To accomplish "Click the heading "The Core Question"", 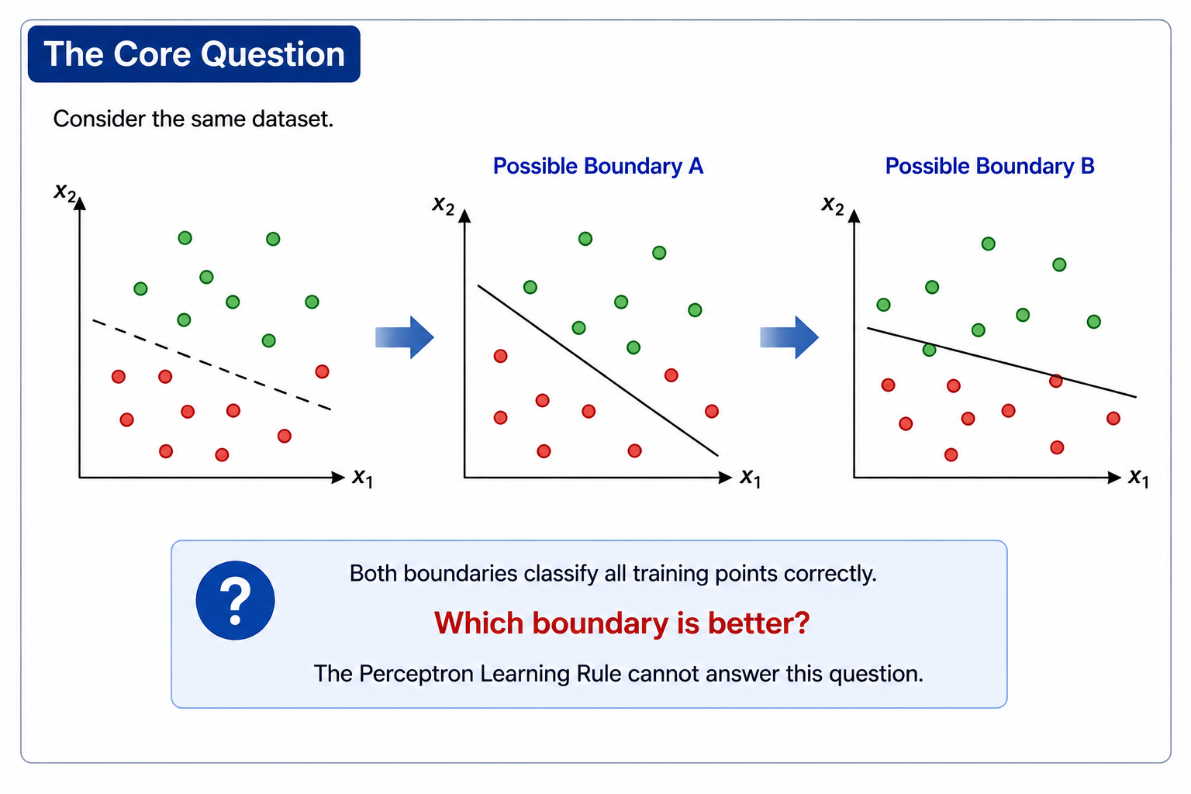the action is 194,54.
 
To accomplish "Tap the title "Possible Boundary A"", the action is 598,166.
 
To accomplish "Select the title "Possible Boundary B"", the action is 989,166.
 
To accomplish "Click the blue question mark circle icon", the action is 235,600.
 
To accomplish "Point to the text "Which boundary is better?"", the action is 622,623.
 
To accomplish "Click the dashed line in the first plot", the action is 212,365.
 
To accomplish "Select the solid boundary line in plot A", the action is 598,371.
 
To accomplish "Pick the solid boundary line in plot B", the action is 1002,363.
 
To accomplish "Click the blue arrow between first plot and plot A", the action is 405,337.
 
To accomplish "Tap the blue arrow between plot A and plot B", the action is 789,337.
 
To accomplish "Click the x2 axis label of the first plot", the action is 65,192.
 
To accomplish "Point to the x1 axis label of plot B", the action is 1138,477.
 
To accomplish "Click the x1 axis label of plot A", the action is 751,477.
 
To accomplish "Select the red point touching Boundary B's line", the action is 1056,381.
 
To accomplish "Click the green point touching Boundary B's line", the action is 930,350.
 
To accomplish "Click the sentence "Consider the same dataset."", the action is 193,119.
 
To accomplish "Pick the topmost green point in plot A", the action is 585,239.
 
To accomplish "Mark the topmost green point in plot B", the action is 989,243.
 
